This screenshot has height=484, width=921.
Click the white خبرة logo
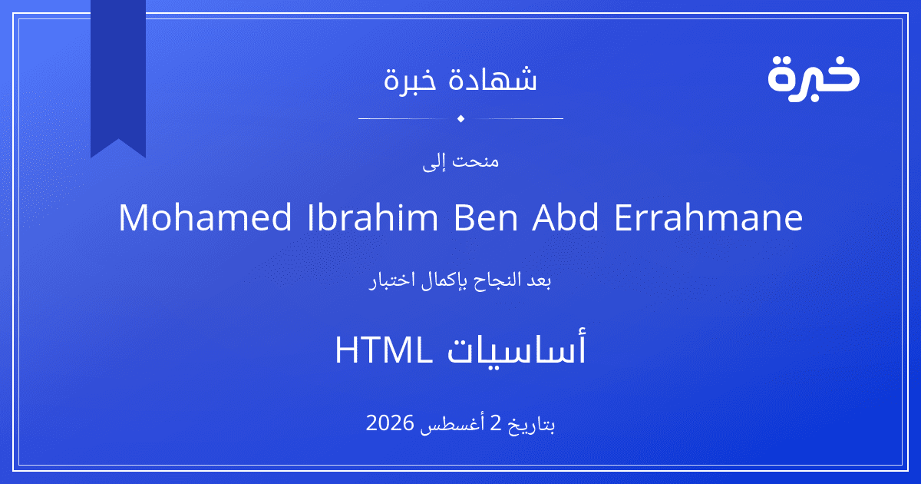[x=814, y=79]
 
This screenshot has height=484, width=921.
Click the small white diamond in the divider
[x=460, y=118]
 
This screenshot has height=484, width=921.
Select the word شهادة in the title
[x=493, y=78]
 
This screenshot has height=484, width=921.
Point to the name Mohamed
[x=206, y=217]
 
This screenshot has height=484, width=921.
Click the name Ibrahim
[x=372, y=217]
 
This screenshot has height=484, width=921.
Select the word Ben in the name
[x=485, y=217]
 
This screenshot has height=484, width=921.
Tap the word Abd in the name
[x=566, y=217]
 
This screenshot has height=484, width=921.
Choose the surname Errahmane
[x=708, y=217]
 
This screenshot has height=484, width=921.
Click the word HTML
[x=384, y=350]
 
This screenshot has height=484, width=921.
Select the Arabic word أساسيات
[x=517, y=349]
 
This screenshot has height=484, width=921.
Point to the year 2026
[x=389, y=423]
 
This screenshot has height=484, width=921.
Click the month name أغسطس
[x=452, y=424]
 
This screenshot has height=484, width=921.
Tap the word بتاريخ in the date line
[x=532, y=425]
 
